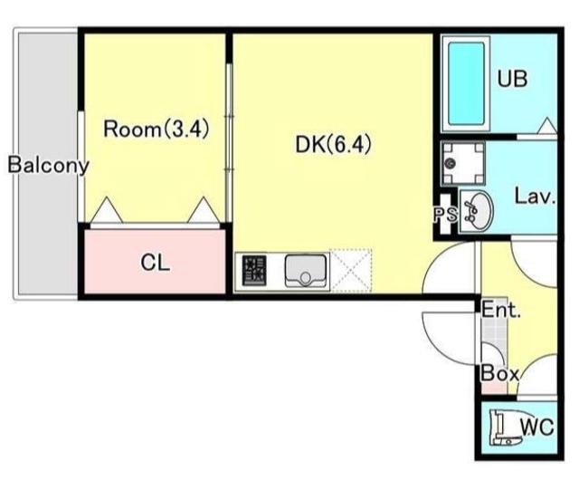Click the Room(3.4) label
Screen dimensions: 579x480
157,130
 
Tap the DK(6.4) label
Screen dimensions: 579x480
333,144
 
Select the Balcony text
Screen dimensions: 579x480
48,166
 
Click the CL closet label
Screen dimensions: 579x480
155,263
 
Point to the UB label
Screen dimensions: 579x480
512,79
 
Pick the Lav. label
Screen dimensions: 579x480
536,197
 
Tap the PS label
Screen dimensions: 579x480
445,214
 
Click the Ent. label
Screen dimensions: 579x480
501,310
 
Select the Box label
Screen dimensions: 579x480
499,374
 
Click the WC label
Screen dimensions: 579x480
537,427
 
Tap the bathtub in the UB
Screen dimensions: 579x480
466,83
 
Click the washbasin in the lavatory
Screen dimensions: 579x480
476,212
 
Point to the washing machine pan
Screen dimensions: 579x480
463,163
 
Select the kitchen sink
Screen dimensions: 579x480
306,271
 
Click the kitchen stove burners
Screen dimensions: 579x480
254,271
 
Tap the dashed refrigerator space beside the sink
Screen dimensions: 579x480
351,271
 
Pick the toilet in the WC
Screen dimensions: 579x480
505,429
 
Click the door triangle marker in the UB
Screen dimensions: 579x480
547,126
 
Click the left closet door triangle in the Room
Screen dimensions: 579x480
107,210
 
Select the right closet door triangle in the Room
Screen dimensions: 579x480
203,210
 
